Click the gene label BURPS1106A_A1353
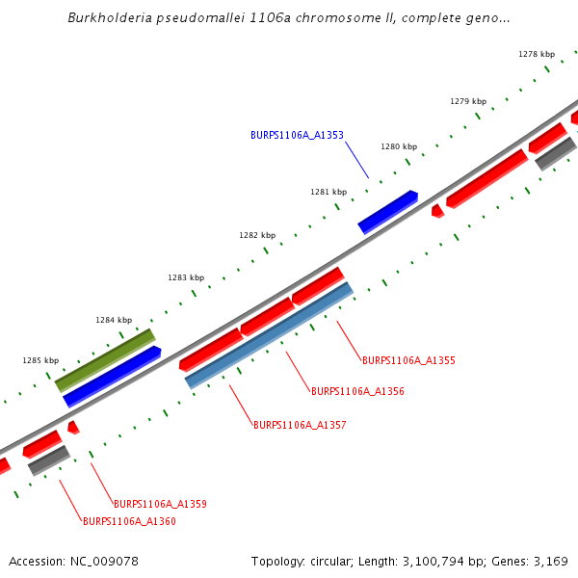click(297, 136)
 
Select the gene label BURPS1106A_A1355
click(408, 360)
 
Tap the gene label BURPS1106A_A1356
click(357, 391)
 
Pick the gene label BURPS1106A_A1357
click(300, 425)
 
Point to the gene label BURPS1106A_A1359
click(160, 504)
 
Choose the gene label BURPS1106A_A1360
click(129, 521)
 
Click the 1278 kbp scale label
click(537, 54)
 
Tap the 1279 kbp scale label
click(468, 101)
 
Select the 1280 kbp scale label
click(399, 146)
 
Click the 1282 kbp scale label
click(257, 235)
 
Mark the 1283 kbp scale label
click(186, 277)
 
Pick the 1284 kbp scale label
click(114, 320)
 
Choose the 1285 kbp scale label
click(40, 360)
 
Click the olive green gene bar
click(105, 360)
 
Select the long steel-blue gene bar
click(270, 335)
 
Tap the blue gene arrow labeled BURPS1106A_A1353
click(387, 212)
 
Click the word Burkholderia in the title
click(113, 18)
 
